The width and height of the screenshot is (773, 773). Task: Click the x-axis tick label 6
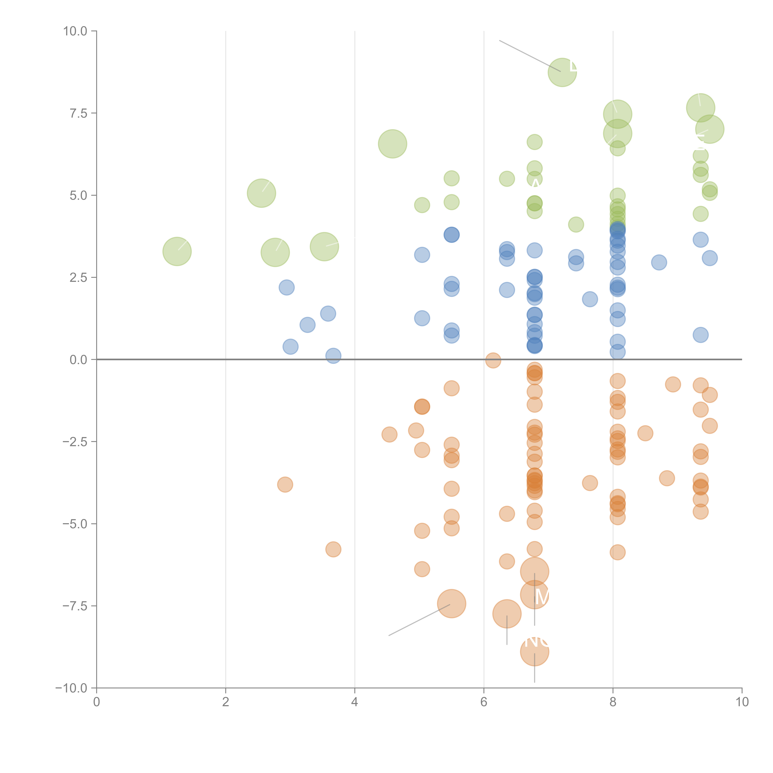pos(484,702)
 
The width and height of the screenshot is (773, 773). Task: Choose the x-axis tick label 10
pos(742,702)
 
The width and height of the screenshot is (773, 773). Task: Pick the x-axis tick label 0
pos(96,702)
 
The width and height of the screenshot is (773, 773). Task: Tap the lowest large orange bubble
pos(535,651)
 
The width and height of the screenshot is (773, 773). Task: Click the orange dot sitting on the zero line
pos(493,360)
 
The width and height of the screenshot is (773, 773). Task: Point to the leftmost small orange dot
pos(285,485)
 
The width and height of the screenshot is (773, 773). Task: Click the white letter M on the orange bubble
pos(542,597)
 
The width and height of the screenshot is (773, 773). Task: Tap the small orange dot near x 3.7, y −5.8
pos(333,549)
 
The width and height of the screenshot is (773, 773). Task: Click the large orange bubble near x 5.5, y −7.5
pos(451,603)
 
